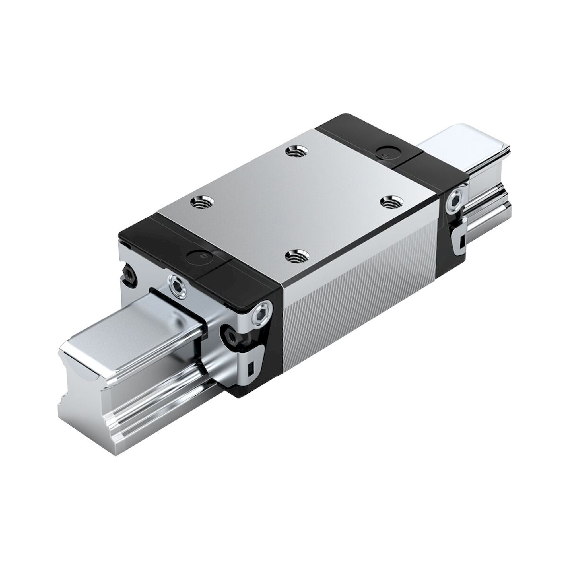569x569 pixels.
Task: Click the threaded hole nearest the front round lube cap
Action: [x=202, y=202]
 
